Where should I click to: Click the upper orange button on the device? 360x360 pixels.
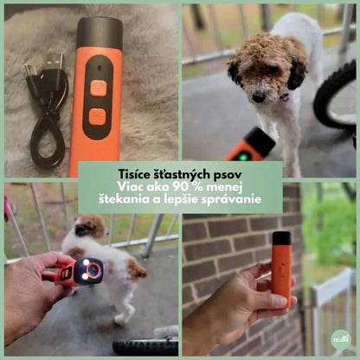98,88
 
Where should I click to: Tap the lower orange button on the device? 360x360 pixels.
97,117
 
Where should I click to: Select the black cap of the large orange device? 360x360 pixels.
100,33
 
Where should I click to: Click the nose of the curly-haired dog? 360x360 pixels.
258,98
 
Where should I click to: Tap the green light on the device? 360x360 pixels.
245,157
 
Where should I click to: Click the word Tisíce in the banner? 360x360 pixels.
132,175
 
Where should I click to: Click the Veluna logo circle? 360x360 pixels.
341,339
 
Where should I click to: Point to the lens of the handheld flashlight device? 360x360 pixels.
93,270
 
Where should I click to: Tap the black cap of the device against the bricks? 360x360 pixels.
281,238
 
